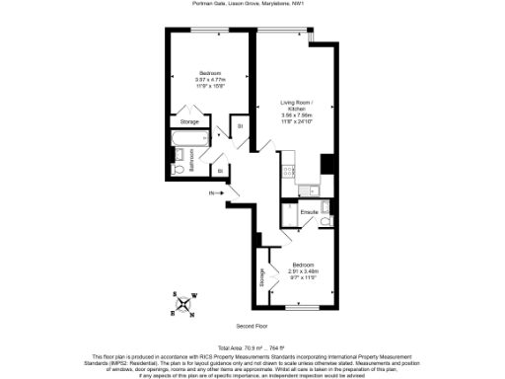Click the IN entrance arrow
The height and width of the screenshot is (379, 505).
[215, 193]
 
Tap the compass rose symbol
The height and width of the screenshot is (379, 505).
[183, 303]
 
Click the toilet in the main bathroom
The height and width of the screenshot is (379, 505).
[179, 169]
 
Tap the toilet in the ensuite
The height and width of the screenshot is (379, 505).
[325, 223]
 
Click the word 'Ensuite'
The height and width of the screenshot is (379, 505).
[309, 212]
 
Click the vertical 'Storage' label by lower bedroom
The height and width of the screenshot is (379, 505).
[263, 277]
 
